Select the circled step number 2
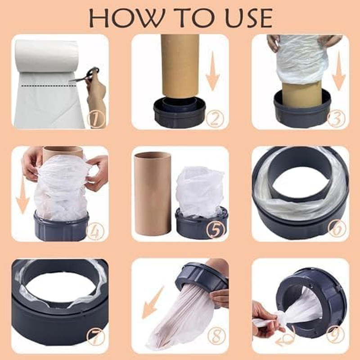[216, 119]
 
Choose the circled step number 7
[96, 335]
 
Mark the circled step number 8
[216, 335]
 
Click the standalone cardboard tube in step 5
[153, 193]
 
